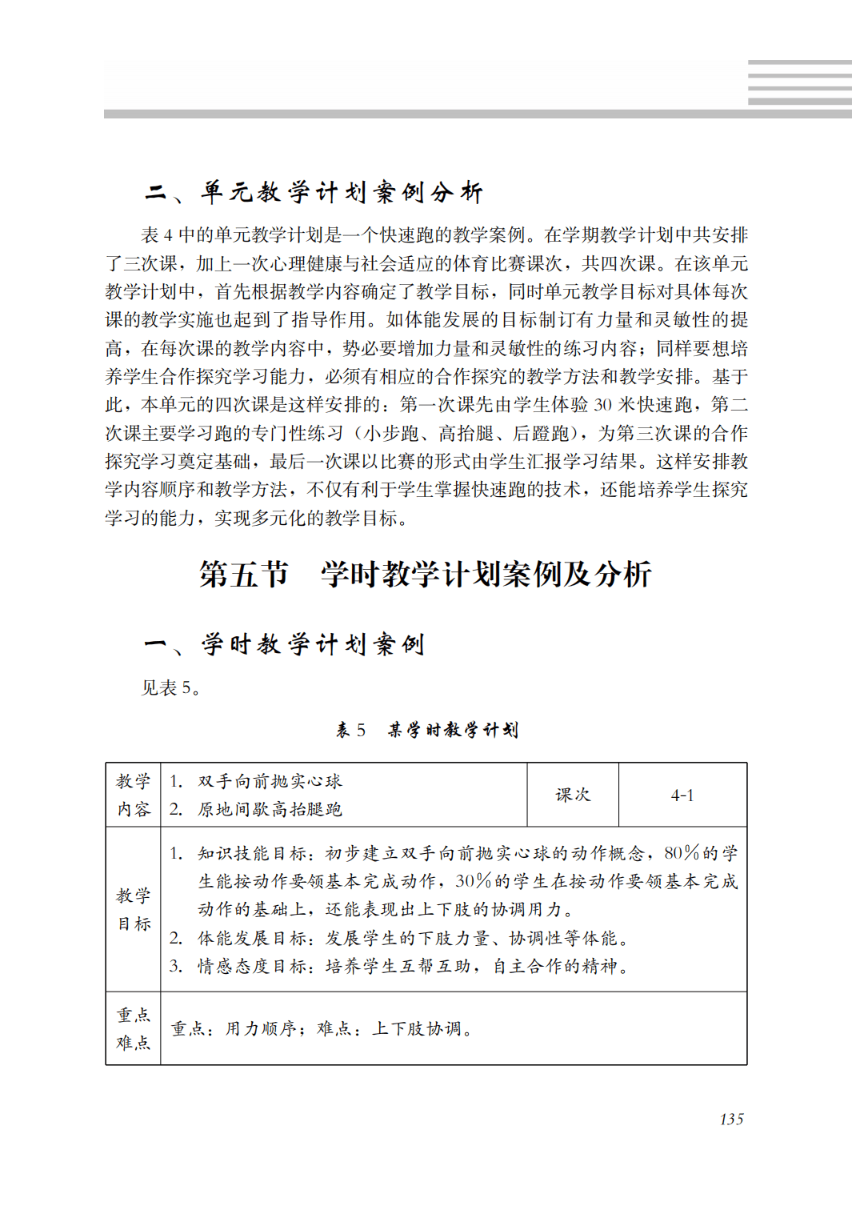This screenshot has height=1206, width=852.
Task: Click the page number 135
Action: (731, 1119)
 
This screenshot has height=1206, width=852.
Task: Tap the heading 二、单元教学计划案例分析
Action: (314, 192)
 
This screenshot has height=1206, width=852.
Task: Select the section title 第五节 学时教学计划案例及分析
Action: (425, 574)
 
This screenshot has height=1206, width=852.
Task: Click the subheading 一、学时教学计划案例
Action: (284, 644)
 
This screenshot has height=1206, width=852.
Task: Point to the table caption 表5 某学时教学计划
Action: (426, 730)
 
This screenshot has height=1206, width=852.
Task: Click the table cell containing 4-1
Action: (682, 795)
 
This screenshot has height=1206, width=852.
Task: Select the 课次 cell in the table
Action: (573, 795)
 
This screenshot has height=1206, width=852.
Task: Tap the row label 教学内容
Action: (134, 795)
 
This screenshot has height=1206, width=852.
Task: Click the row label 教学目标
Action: (134, 909)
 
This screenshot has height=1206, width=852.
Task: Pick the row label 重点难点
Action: (134, 1028)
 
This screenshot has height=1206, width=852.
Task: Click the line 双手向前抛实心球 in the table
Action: (270, 781)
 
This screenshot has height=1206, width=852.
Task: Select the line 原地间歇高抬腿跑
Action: (270, 809)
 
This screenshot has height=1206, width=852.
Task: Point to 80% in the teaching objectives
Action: (682, 853)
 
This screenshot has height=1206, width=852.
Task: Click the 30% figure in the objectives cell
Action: (473, 881)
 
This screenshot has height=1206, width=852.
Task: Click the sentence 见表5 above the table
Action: (170, 687)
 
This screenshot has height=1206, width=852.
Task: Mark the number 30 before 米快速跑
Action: (603, 405)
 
